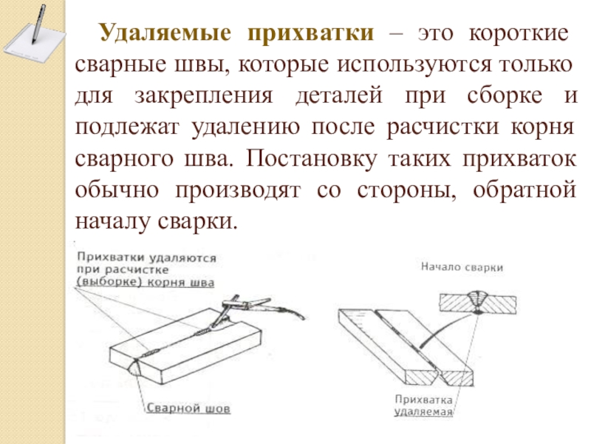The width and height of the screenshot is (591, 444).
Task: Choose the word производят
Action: point(236,191)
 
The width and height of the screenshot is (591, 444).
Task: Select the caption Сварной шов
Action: point(187,408)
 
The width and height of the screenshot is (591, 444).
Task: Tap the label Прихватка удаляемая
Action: point(423,405)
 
